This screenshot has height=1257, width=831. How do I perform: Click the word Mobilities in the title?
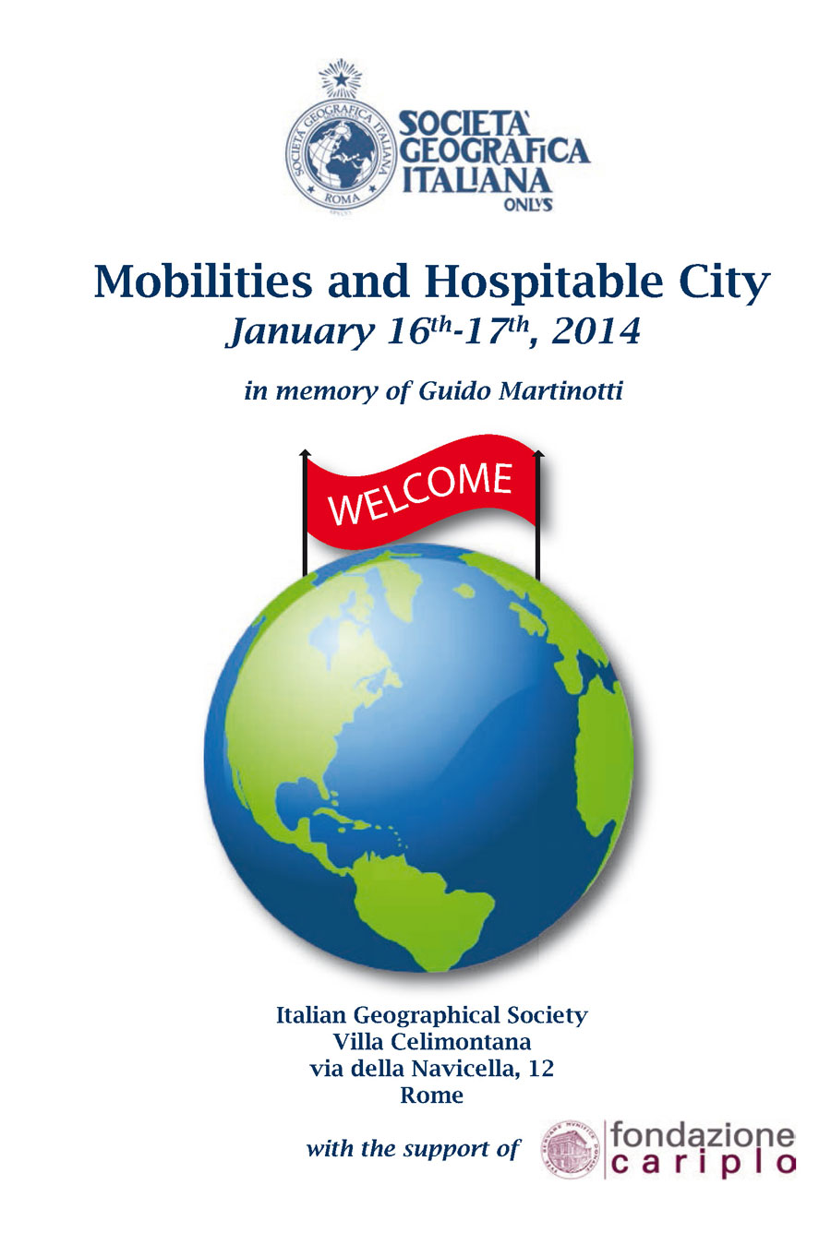click(203, 281)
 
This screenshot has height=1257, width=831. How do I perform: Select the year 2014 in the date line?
click(596, 331)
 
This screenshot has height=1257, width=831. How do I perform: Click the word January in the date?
click(300, 333)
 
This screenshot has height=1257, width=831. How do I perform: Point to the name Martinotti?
click(561, 390)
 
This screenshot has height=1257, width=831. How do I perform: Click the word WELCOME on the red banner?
click(420, 493)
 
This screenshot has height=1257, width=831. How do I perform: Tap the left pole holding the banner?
click(305, 513)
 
